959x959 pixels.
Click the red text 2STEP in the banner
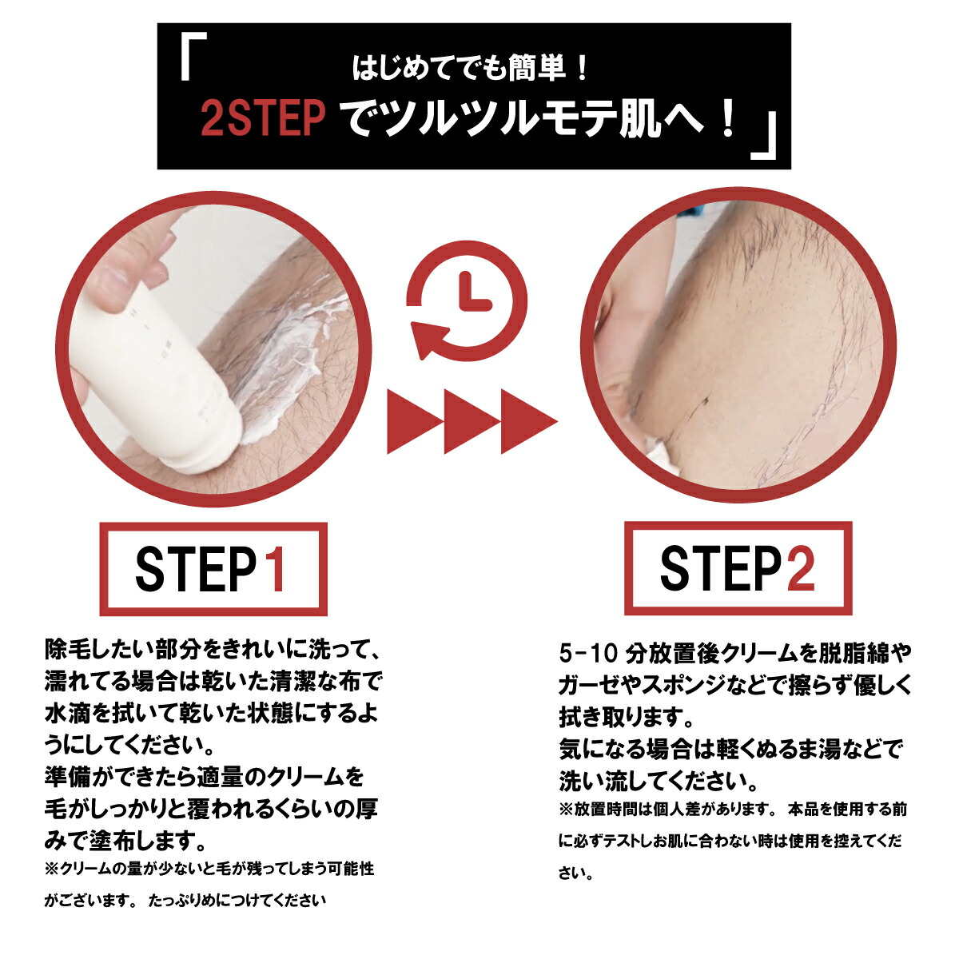pyautogui.click(x=263, y=117)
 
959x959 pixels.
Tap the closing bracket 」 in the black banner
pyautogui.click(x=764, y=135)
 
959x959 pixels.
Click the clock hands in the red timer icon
pyautogui.click(x=474, y=292)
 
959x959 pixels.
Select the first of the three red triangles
pyautogui.click(x=414, y=421)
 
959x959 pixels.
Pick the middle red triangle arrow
pyautogui.click(x=471, y=421)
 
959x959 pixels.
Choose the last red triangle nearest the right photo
pyautogui.click(x=528, y=421)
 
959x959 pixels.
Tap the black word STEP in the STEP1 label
pyautogui.click(x=196, y=570)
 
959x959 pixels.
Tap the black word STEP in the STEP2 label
pyautogui.click(x=721, y=568)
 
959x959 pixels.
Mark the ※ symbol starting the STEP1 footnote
pyautogui.click(x=52, y=869)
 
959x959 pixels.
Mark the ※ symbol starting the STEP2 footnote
pyautogui.click(x=567, y=810)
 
